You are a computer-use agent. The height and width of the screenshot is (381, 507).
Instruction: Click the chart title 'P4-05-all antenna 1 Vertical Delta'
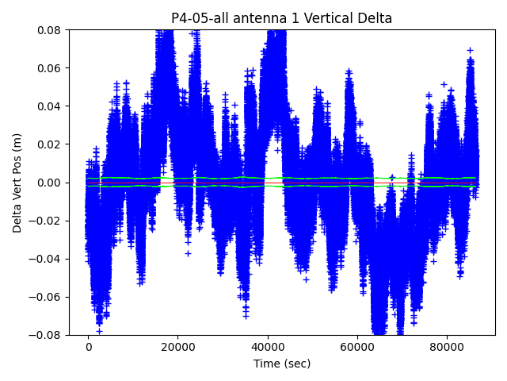tap(282, 18)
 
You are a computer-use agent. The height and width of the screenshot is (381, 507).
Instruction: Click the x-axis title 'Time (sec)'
tap(282, 364)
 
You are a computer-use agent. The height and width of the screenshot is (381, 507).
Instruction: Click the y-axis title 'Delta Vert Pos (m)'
tap(17, 183)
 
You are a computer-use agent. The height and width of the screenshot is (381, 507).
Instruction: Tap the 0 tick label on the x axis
tap(88, 347)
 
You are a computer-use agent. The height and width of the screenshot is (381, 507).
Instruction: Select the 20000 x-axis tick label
tap(177, 347)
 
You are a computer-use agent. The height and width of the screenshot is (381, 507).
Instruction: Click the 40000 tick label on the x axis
tap(267, 347)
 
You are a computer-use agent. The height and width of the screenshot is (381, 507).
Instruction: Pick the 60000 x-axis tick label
tap(356, 347)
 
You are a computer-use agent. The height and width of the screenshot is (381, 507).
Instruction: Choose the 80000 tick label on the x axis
tap(446, 347)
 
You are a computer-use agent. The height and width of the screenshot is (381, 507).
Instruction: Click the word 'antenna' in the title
tap(257, 18)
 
